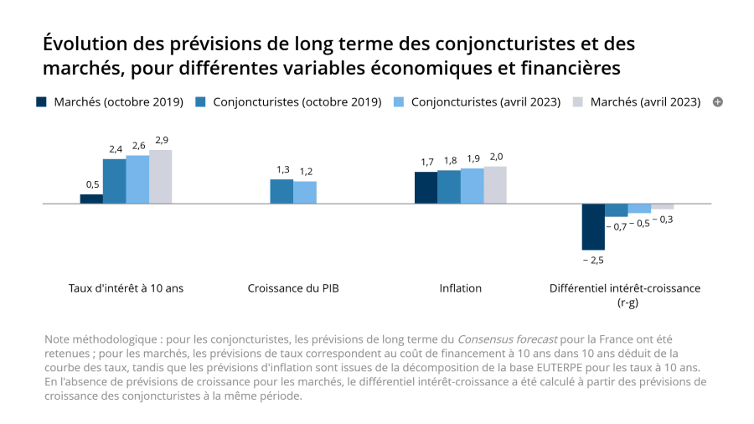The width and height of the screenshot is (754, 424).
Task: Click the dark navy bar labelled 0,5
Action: pyautogui.click(x=91, y=199)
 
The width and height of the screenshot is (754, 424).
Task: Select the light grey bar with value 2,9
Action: pyautogui.click(x=160, y=177)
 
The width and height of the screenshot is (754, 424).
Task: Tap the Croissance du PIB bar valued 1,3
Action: pyautogui.click(x=281, y=191)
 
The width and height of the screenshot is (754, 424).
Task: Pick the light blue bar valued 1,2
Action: pyautogui.click(x=305, y=192)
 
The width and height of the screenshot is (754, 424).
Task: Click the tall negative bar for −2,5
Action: pyautogui.click(x=593, y=226)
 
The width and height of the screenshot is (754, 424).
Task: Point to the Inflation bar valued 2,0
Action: pyautogui.click(x=495, y=184)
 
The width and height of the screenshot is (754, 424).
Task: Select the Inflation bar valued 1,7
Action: pyautogui.click(x=426, y=188)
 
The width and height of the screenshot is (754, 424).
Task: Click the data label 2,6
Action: pyautogui.click(x=138, y=146)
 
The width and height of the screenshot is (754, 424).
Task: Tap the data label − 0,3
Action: pyautogui.click(x=663, y=219)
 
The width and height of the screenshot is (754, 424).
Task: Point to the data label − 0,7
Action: pyautogui.click(x=616, y=226)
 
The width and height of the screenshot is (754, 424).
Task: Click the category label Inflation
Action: pyautogui.click(x=461, y=288)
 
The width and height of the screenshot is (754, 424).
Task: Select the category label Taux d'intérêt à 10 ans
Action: pyautogui.click(x=126, y=288)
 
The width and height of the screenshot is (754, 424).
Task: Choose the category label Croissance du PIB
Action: pyautogui.click(x=293, y=288)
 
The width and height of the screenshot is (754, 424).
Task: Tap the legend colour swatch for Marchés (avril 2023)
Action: pyautogui.click(x=578, y=102)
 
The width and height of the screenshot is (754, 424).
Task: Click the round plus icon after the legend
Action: pyautogui.click(x=717, y=102)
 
